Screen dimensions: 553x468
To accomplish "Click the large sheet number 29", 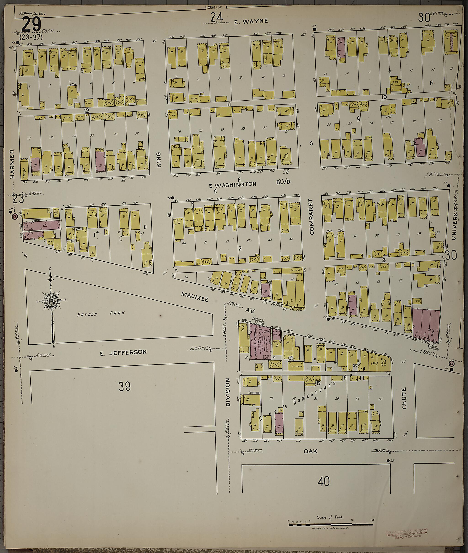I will [31, 24].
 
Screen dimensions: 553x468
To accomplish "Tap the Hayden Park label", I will [101, 313].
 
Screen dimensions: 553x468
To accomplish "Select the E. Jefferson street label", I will [123, 352].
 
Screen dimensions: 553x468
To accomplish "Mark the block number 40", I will [323, 481].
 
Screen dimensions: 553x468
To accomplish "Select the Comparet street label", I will [311, 217].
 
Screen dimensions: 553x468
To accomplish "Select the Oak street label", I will [310, 451].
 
